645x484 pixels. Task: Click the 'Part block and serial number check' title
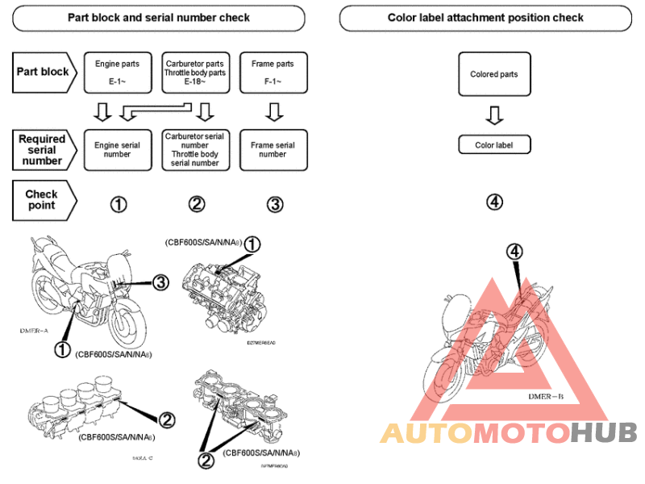(159, 17)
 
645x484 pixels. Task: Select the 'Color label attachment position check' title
(485, 17)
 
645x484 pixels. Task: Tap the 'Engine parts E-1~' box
(117, 71)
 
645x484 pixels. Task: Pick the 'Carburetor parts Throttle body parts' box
(196, 71)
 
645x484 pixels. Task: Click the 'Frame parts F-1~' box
(273, 71)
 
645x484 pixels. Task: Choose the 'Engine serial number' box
(117, 149)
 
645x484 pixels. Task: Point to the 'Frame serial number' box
(273, 149)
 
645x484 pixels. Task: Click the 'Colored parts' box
(494, 74)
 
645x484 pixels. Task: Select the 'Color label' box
(494, 145)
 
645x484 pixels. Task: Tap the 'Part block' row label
(44, 71)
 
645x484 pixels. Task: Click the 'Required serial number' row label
(44, 149)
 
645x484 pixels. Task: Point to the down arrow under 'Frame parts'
(273, 110)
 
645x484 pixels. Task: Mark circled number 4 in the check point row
(494, 202)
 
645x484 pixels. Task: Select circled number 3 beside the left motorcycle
(160, 282)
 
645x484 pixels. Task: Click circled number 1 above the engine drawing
(252, 243)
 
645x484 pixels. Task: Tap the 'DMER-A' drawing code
(34, 331)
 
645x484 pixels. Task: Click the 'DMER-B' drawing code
(546, 397)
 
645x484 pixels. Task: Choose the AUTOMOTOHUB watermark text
(509, 433)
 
